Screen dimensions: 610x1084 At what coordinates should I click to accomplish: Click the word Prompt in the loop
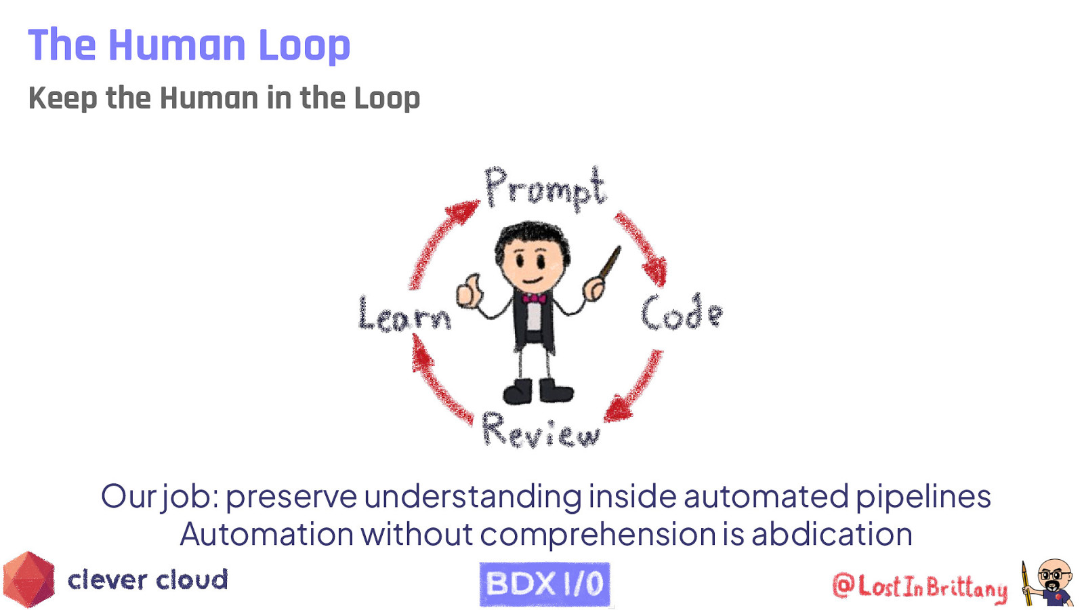tap(544, 187)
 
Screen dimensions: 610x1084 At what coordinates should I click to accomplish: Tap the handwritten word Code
tap(681, 313)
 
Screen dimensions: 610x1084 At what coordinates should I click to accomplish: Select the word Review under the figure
tap(540, 430)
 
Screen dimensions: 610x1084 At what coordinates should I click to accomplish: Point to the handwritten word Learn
tap(404, 314)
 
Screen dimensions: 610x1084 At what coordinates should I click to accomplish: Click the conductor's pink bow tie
tap(534, 298)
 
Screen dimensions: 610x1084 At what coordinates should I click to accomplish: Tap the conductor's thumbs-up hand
tap(468, 292)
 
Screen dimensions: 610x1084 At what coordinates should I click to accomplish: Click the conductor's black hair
tap(532, 235)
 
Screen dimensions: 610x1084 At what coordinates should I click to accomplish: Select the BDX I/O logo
tap(545, 584)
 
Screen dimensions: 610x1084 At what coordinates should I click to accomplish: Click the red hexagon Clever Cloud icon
tap(28, 579)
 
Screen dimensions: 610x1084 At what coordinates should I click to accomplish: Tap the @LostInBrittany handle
tap(919, 586)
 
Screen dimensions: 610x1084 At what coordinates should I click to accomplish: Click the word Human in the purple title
tap(177, 45)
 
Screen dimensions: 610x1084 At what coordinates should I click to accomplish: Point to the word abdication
tap(831, 534)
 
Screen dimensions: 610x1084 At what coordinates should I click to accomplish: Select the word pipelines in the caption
tap(923, 496)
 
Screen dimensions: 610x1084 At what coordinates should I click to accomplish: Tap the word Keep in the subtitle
tap(62, 98)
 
